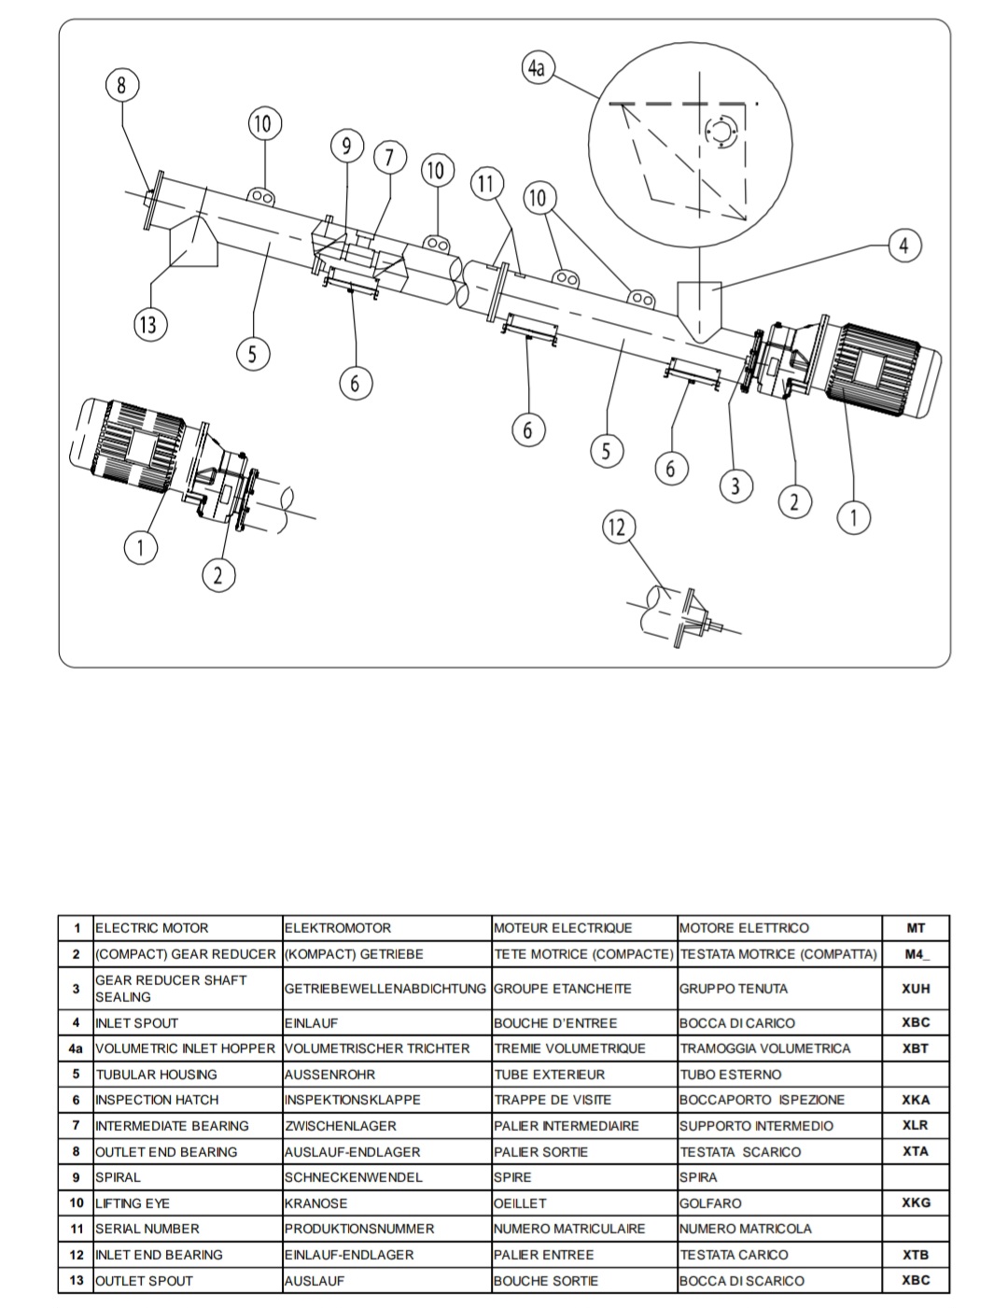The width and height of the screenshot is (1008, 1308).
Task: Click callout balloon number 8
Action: [x=121, y=86]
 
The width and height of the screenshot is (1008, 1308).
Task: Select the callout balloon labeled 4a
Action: [x=537, y=68]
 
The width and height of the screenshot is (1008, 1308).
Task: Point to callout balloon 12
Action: [x=617, y=527]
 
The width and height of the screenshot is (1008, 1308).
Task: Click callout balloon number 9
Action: [x=346, y=146]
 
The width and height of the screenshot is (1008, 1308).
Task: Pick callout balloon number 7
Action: [x=390, y=157]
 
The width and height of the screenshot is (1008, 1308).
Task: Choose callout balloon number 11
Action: [x=485, y=183]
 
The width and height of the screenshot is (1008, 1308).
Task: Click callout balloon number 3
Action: [x=735, y=486]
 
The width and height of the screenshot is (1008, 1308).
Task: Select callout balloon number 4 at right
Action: [x=903, y=246]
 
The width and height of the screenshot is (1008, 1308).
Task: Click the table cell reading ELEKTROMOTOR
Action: [x=338, y=928]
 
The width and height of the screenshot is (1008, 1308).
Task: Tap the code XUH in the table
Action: [x=916, y=989]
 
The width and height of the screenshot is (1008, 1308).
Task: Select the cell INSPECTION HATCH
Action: [x=157, y=1100]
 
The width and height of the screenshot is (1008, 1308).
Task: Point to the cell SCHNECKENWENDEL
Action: [x=343, y=1177]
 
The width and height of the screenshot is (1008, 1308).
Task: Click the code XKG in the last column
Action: [x=916, y=1203]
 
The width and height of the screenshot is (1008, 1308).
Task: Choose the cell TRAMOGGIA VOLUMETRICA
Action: [x=765, y=1048]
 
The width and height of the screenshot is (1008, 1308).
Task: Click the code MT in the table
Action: [x=916, y=928]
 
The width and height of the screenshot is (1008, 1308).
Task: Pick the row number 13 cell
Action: [x=77, y=1280]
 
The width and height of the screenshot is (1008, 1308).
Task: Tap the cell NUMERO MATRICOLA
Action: [x=745, y=1229]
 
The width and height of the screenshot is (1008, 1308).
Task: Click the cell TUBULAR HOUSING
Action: [x=156, y=1075]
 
